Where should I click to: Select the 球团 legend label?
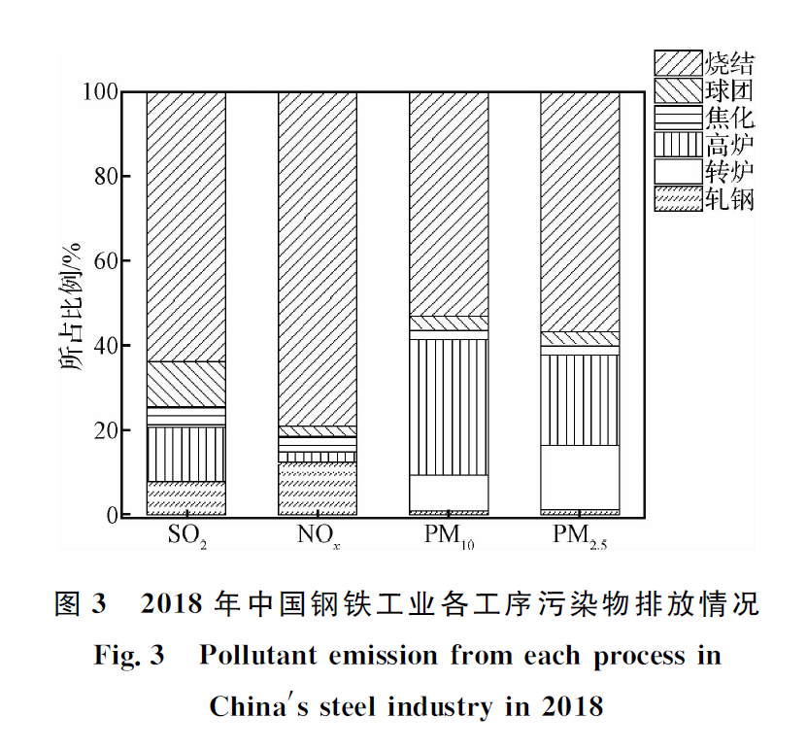(x=730, y=91)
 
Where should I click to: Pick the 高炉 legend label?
(x=730, y=146)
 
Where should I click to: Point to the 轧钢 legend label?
(x=730, y=199)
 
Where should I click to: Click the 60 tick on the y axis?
(x=107, y=261)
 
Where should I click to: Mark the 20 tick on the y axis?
(x=107, y=430)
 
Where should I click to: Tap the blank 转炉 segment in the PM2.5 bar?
(x=580, y=477)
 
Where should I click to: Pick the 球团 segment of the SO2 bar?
(x=186, y=384)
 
